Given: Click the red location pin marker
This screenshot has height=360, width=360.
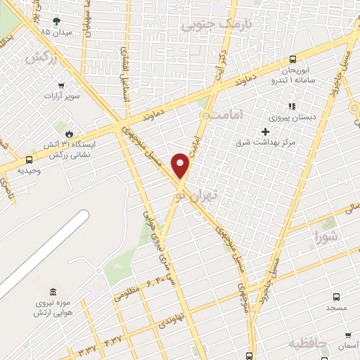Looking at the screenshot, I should (x=181, y=165).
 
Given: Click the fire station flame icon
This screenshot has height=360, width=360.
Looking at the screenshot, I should (x=69, y=132).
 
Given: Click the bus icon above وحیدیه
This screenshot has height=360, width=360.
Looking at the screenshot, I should (x=29, y=160).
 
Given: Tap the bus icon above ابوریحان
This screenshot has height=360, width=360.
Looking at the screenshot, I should (x=292, y=60).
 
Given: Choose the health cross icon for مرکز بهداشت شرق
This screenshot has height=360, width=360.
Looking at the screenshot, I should (x=265, y=131).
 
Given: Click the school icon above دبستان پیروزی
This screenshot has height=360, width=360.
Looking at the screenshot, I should (x=272, y=106).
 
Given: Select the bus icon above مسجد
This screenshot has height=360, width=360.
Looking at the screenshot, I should (x=335, y=297).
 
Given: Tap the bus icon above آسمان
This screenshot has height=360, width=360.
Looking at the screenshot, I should (x=347, y=335).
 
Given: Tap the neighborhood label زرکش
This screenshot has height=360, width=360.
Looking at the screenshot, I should (x=40, y=59).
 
